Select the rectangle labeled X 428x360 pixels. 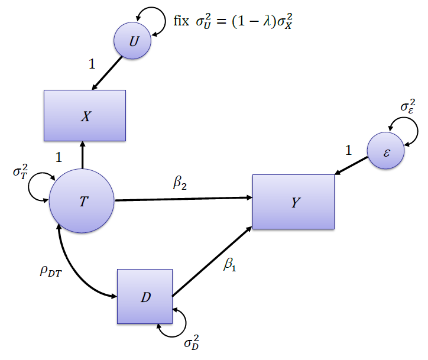click(x=85, y=116)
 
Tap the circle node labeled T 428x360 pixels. click(x=82, y=201)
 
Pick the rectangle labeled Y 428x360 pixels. click(x=293, y=202)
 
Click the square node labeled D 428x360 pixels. click(x=144, y=297)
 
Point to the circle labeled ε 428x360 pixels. click(x=385, y=151)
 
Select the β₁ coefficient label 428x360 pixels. click(x=229, y=265)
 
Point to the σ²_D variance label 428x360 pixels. click(x=192, y=342)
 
